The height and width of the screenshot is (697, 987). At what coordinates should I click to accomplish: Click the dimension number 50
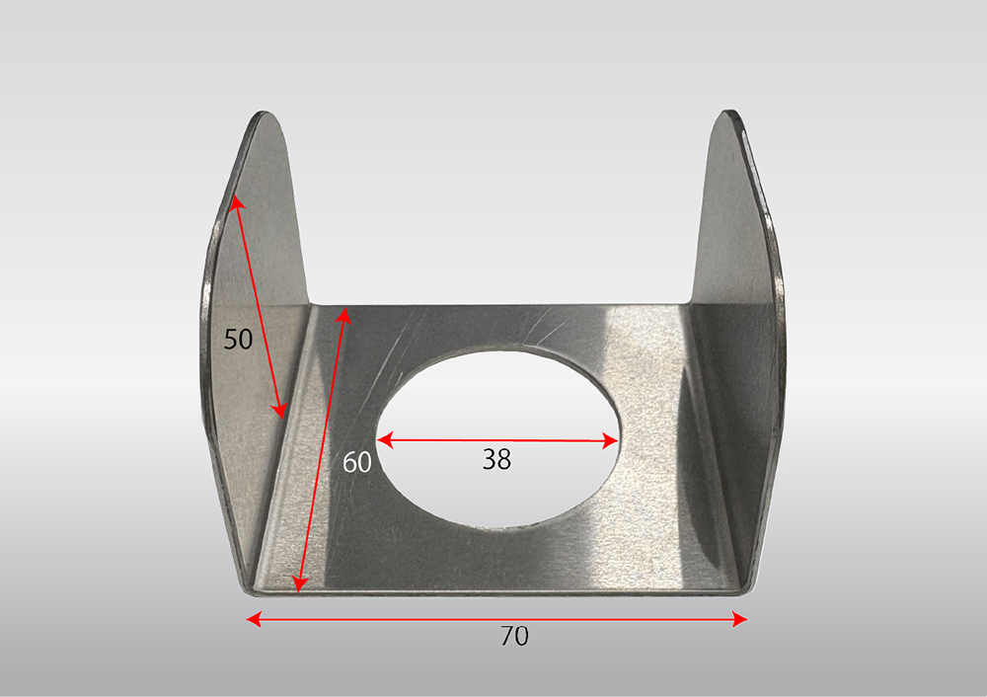pos(238,340)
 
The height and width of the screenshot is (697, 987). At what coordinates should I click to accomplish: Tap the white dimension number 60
pos(357,463)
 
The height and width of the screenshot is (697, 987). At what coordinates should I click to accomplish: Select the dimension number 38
pos(496,460)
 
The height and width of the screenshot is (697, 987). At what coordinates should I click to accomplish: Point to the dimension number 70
pos(514,637)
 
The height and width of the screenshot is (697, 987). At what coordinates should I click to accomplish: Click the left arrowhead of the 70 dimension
pos(254,619)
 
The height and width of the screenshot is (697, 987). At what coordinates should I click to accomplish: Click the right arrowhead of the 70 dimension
pos(740,620)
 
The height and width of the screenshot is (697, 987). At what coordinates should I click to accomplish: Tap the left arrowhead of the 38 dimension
pos(385,439)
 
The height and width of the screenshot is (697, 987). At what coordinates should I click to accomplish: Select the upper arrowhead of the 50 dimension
pos(235,202)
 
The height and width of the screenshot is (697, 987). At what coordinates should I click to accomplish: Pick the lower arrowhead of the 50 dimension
pos(279,412)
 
